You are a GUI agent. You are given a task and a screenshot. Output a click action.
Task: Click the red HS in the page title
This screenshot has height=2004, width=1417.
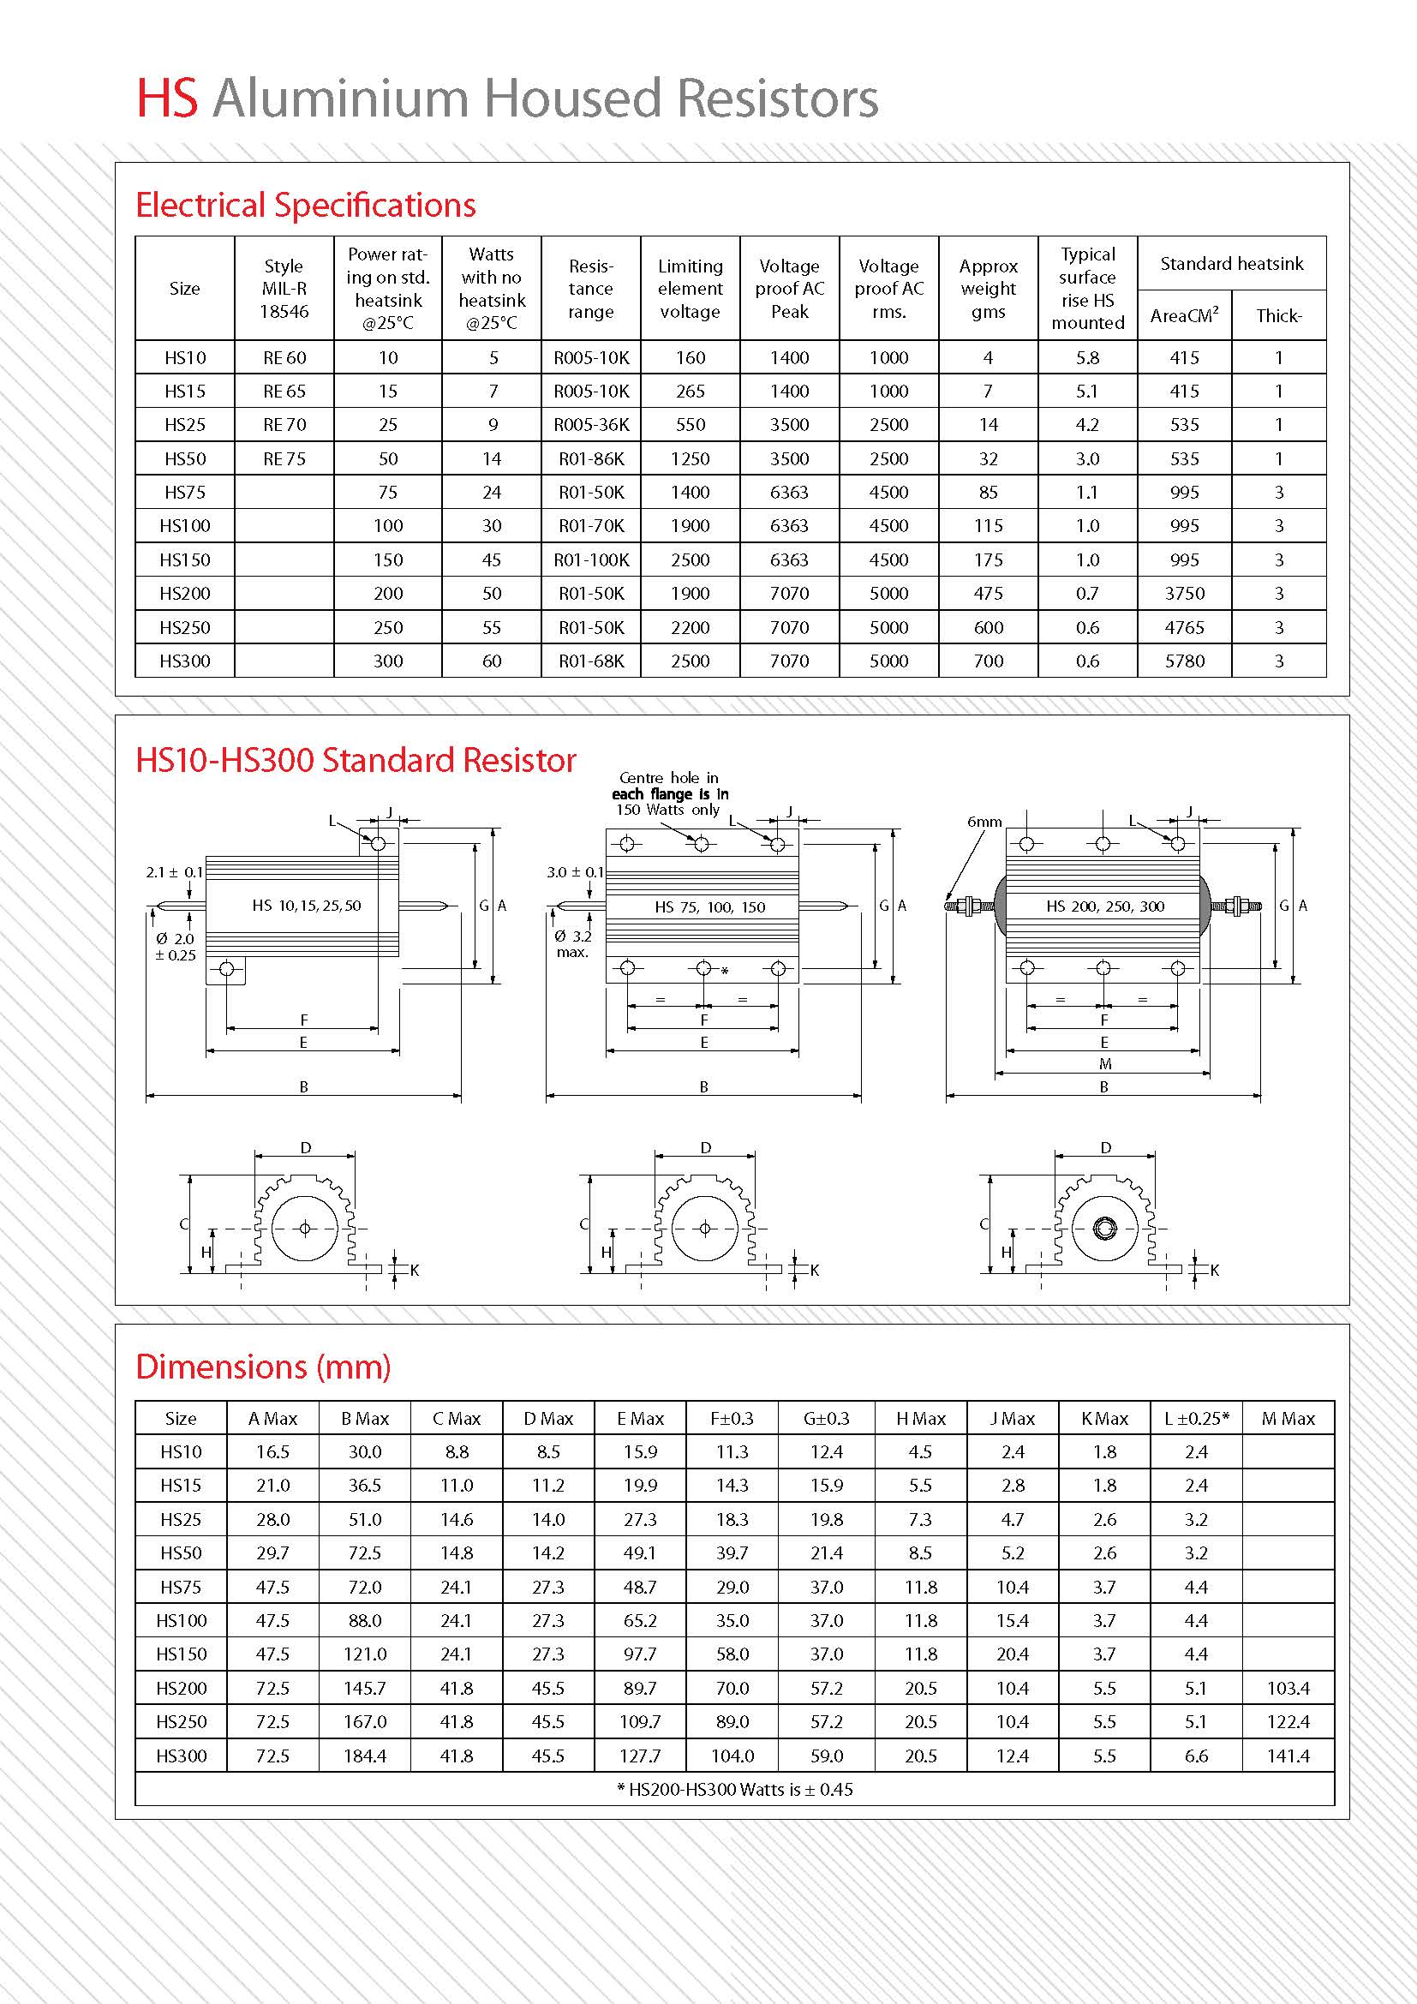point(168,98)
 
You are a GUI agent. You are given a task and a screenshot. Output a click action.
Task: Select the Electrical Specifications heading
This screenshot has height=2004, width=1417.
point(305,205)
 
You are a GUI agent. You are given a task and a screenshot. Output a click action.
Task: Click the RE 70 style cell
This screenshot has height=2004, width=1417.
point(284,425)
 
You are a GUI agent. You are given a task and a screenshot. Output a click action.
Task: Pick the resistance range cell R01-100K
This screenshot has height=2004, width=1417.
point(591,559)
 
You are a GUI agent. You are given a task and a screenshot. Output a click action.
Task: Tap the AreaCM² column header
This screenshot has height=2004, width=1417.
point(1184,316)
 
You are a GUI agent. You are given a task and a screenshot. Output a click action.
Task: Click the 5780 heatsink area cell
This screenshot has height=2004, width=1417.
point(1184,661)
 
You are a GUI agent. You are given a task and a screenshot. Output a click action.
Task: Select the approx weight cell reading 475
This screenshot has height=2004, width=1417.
point(988,594)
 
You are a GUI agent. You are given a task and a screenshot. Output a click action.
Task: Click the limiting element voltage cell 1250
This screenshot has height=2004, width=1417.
point(690,459)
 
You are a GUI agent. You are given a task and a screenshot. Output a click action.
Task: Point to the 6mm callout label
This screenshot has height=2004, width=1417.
point(984,822)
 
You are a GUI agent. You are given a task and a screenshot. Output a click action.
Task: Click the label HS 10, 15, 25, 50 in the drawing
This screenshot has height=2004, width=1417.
point(306,906)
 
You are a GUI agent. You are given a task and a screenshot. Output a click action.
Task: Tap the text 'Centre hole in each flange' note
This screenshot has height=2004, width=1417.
point(669,793)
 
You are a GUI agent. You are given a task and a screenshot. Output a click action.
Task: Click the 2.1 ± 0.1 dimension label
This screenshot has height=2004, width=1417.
point(175,872)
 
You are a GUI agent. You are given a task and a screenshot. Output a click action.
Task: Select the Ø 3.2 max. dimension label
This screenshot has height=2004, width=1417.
point(572,943)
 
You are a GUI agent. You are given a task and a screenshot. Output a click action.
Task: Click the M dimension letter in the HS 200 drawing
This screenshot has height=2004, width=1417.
point(1104,1064)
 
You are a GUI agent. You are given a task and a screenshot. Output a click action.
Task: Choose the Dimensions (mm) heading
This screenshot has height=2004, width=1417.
point(263,1366)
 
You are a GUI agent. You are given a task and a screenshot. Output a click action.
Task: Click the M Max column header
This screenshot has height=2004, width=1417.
point(1288,1419)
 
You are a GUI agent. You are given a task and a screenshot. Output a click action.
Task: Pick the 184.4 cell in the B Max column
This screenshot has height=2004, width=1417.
point(365,1756)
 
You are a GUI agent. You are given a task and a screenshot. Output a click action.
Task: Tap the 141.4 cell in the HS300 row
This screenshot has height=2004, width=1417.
point(1288,1756)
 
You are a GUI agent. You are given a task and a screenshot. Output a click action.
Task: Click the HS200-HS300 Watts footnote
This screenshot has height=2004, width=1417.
point(735,1789)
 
